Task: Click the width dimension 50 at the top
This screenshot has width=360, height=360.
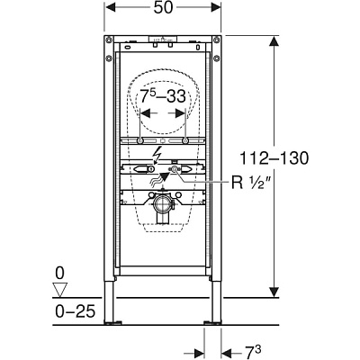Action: point(164,7)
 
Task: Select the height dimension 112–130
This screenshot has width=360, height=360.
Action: point(274,157)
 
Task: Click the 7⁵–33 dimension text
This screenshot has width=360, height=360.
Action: point(164,96)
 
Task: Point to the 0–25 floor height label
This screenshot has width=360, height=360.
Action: point(75,310)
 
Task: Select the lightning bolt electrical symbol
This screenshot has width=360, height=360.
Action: point(157,155)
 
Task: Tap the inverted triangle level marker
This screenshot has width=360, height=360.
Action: point(59,290)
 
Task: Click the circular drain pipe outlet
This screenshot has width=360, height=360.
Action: point(163,205)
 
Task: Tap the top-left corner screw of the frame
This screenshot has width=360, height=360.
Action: point(109,40)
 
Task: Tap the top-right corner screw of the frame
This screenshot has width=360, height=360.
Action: point(216,40)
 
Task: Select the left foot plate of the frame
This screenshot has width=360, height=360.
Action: point(113,322)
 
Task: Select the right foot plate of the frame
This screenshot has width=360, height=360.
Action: point(212,322)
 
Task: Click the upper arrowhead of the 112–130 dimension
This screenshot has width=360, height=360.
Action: point(273,41)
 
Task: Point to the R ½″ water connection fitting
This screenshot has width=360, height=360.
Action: point(175,170)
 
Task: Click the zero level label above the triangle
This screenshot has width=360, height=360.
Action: point(59,274)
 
